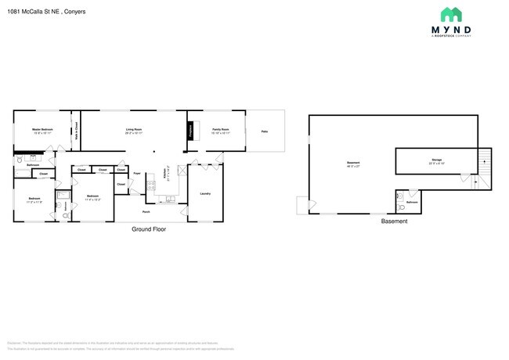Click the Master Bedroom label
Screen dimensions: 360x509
tap(42, 129)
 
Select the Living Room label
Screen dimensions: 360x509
tap(133, 129)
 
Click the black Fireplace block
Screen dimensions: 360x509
tap(189, 131)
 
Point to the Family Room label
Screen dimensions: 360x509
tap(220, 129)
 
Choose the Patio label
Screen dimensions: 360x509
tap(265, 131)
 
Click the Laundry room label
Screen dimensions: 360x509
tap(205, 193)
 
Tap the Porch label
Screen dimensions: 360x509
tap(146, 211)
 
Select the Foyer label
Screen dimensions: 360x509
tap(136, 173)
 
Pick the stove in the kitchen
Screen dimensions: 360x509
tap(150, 185)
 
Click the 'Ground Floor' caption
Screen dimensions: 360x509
tap(148, 229)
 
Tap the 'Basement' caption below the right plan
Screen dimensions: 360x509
tap(394, 221)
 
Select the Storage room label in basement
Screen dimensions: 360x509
tap(436, 161)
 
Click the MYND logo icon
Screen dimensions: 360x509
tap(450, 14)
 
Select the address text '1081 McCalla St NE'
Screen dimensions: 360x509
tap(32, 13)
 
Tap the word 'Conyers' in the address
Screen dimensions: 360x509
tap(75, 13)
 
